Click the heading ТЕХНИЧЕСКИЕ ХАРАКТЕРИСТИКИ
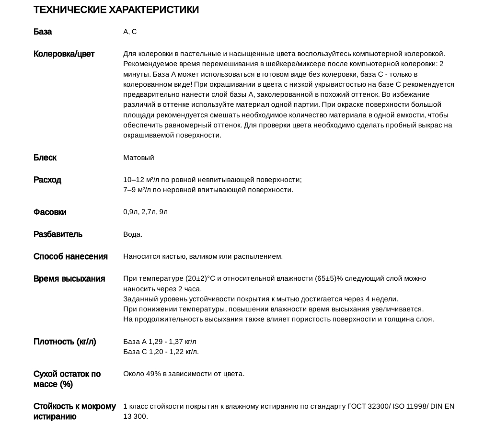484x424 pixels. tap(116, 10)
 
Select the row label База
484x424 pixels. tap(43, 32)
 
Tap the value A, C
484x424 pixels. tap(130, 32)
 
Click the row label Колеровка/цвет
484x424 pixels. tap(64, 54)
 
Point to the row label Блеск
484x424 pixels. tap(45, 158)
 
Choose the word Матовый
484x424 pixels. tap(138, 158)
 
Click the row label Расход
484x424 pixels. tap(47, 180)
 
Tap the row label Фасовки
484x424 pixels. tap(50, 212)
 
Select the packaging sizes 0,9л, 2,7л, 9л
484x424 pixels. tap(145, 212)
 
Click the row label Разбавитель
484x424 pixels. tap(58, 234)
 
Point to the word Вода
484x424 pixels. tap(132, 234)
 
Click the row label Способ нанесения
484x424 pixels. tap(70, 256)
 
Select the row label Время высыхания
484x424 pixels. tap(69, 278)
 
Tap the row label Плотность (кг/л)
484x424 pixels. tap(65, 342)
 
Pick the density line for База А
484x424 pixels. tap(160, 342)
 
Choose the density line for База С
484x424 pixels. tap(161, 352)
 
